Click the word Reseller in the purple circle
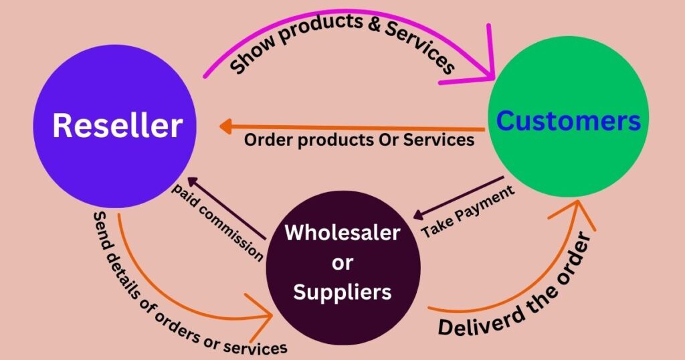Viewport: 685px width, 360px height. (117, 125)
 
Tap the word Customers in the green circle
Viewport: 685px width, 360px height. (569, 121)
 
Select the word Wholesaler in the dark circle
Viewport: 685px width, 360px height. (342, 233)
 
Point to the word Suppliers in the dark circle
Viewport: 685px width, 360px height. (342, 292)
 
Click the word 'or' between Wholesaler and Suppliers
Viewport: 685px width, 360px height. (342, 262)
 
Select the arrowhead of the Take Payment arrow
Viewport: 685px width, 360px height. (418, 215)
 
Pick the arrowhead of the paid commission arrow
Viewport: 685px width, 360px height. (193, 182)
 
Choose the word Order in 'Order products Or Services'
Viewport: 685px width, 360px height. (266, 141)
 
